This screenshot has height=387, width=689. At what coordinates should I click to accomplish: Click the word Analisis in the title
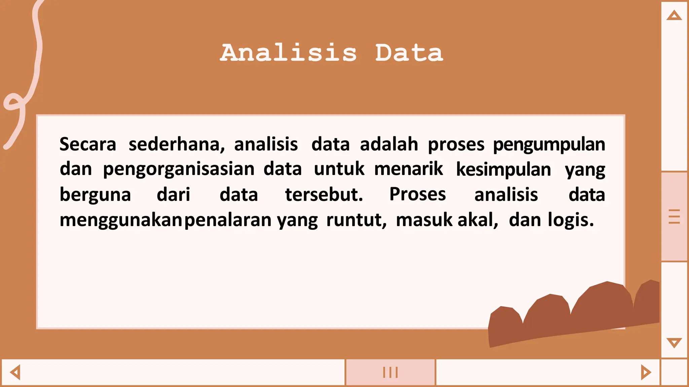coord(288,53)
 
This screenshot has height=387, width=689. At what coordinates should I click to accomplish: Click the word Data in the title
coord(409,53)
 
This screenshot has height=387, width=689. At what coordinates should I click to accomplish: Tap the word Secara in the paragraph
coord(88,144)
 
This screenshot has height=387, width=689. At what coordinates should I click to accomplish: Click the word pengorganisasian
coord(179,169)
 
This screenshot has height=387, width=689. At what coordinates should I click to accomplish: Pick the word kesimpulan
coord(504,169)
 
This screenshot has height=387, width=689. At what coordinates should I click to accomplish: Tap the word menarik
coord(408,169)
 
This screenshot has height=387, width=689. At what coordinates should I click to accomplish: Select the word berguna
coord(95,195)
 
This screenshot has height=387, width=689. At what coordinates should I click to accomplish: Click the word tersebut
coord(324,195)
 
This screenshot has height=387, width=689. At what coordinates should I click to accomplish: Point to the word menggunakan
coord(121,220)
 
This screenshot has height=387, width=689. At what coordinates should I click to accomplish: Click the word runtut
coord(356,220)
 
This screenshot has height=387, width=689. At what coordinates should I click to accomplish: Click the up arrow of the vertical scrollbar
coord(674,15)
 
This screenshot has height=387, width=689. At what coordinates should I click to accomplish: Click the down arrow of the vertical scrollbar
coord(674,343)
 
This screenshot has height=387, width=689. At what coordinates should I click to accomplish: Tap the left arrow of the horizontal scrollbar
coord(15,372)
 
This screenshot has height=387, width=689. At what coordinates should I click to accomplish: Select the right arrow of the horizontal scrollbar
coord(646,372)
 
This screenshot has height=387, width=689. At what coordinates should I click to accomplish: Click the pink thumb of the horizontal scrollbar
coord(390,372)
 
